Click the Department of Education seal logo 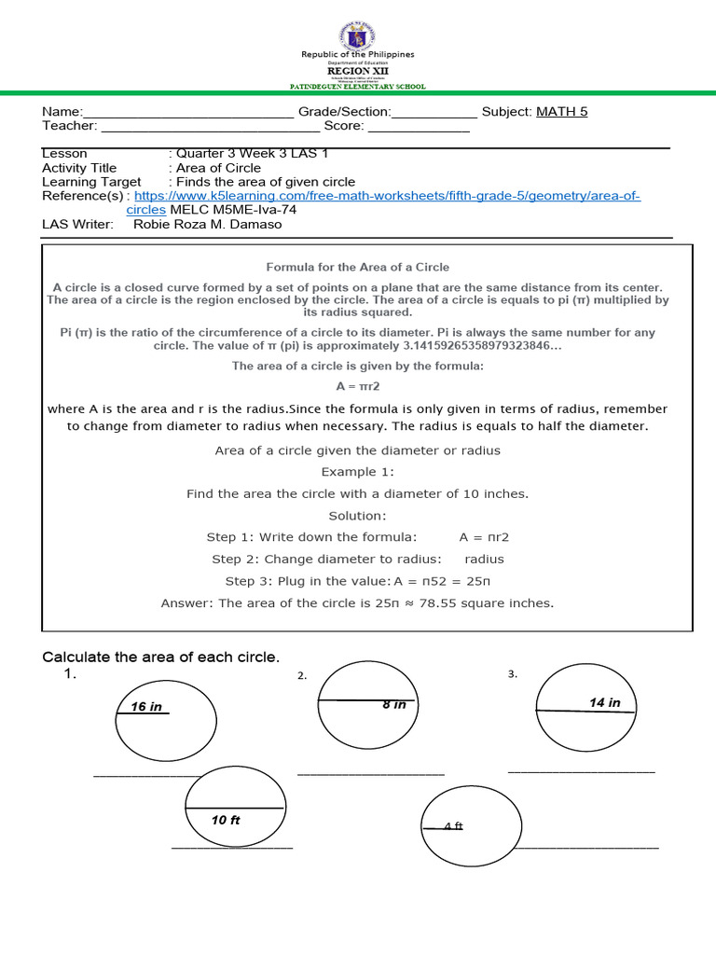[x=357, y=35]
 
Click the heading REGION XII [x=357, y=70]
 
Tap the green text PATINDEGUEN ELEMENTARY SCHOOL [x=358, y=87]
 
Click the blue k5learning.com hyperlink [x=387, y=196]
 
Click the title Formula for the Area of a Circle [x=358, y=267]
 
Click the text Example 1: [x=358, y=472]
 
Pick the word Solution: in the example [x=357, y=516]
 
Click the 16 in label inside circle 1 [x=146, y=707]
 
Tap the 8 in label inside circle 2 [x=394, y=705]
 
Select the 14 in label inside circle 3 [x=605, y=702]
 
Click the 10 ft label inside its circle [x=226, y=821]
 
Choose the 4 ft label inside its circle [x=453, y=826]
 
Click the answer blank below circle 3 [x=582, y=770]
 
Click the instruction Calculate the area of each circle [x=161, y=657]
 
